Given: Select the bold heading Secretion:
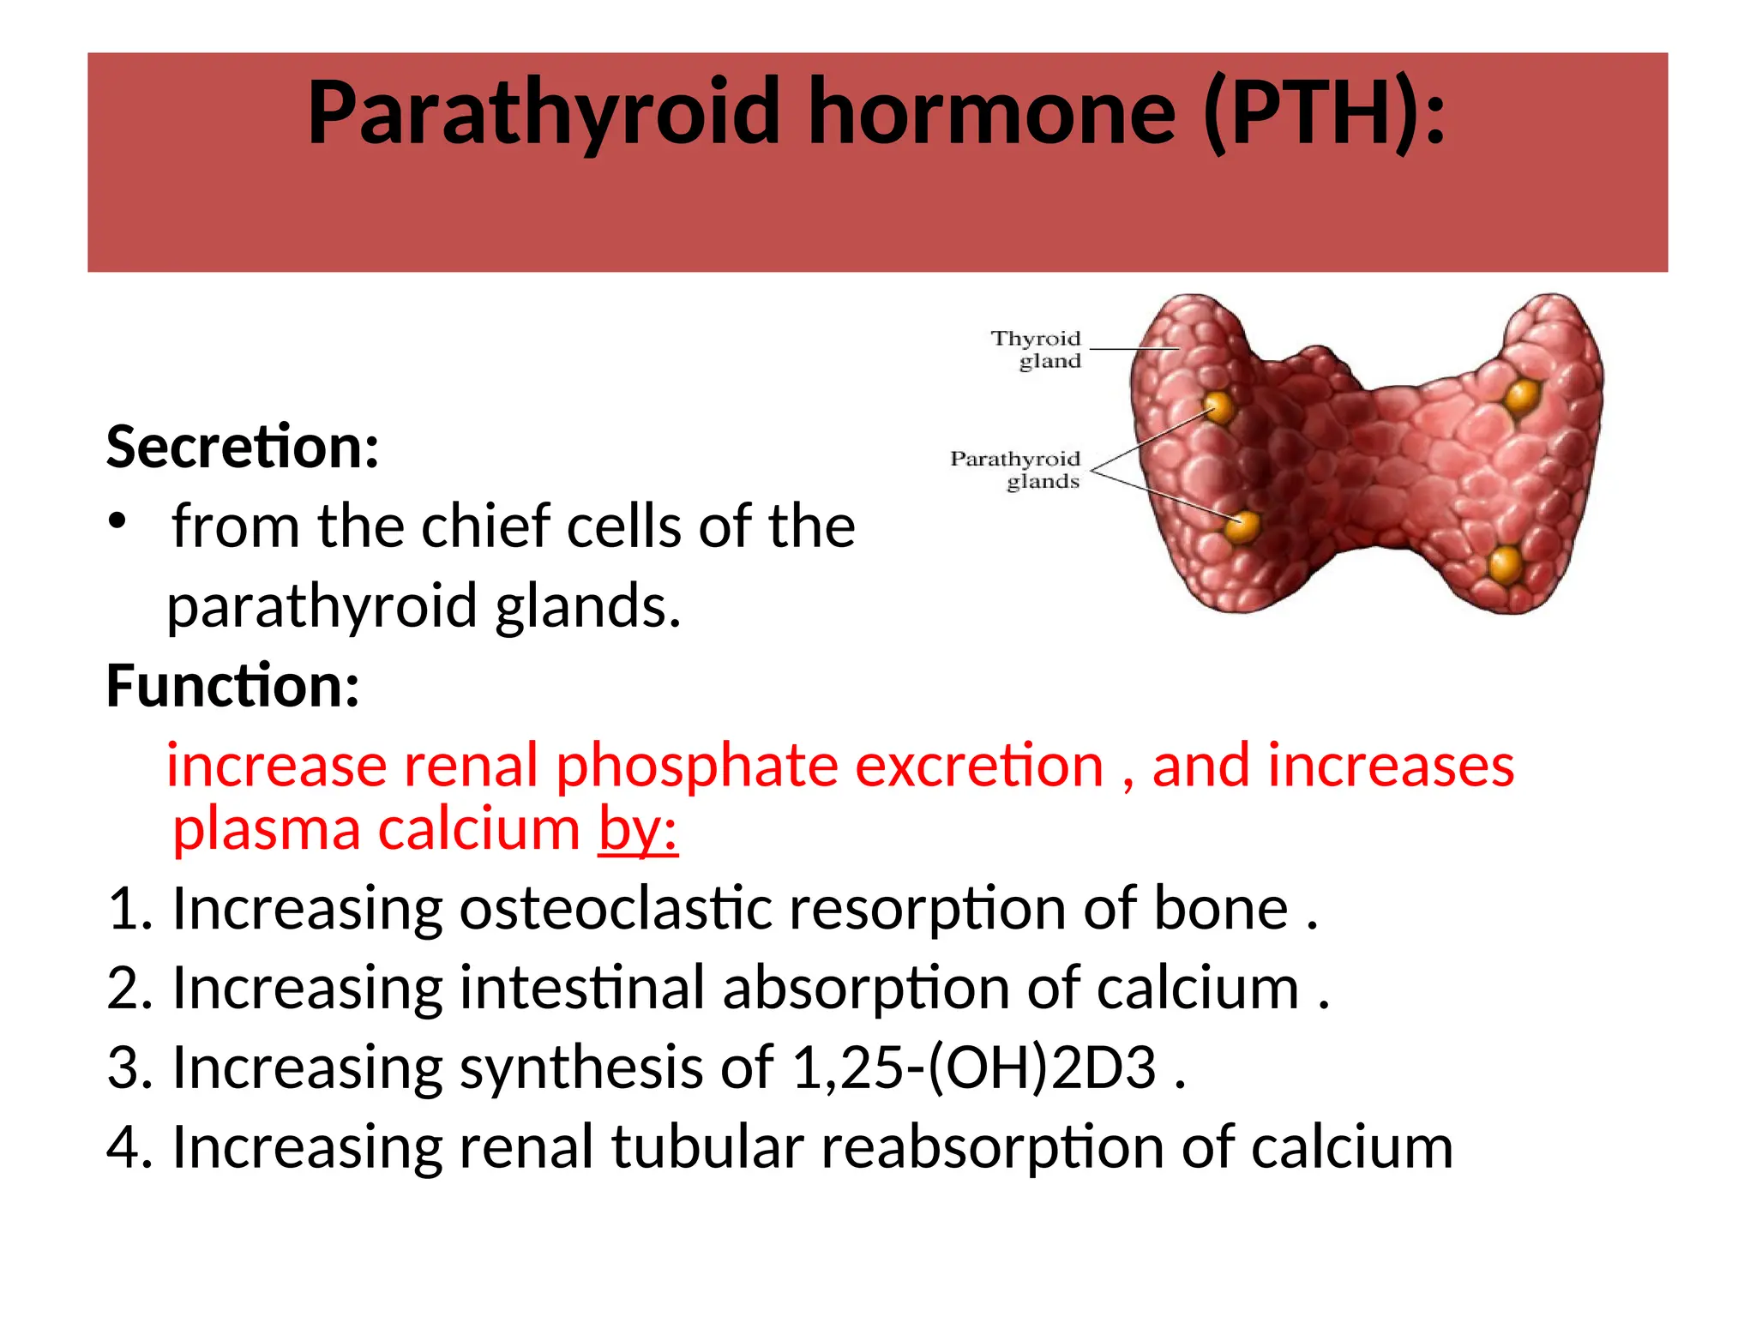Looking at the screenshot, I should click(243, 448).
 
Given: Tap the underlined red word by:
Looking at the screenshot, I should click(638, 830).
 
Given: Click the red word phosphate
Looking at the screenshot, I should click(697, 765).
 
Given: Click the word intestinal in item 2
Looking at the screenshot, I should click(582, 988).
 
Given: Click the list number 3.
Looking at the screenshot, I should click(127, 1067).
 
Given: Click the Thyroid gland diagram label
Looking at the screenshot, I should click(1037, 350).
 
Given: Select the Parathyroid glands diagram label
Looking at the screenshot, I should click(1015, 470).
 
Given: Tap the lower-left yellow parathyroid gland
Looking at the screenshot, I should click(1242, 526).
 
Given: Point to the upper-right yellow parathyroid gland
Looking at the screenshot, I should click(1522, 396).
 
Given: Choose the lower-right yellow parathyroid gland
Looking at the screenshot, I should click(1505, 565).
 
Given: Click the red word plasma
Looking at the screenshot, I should click(266, 830).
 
